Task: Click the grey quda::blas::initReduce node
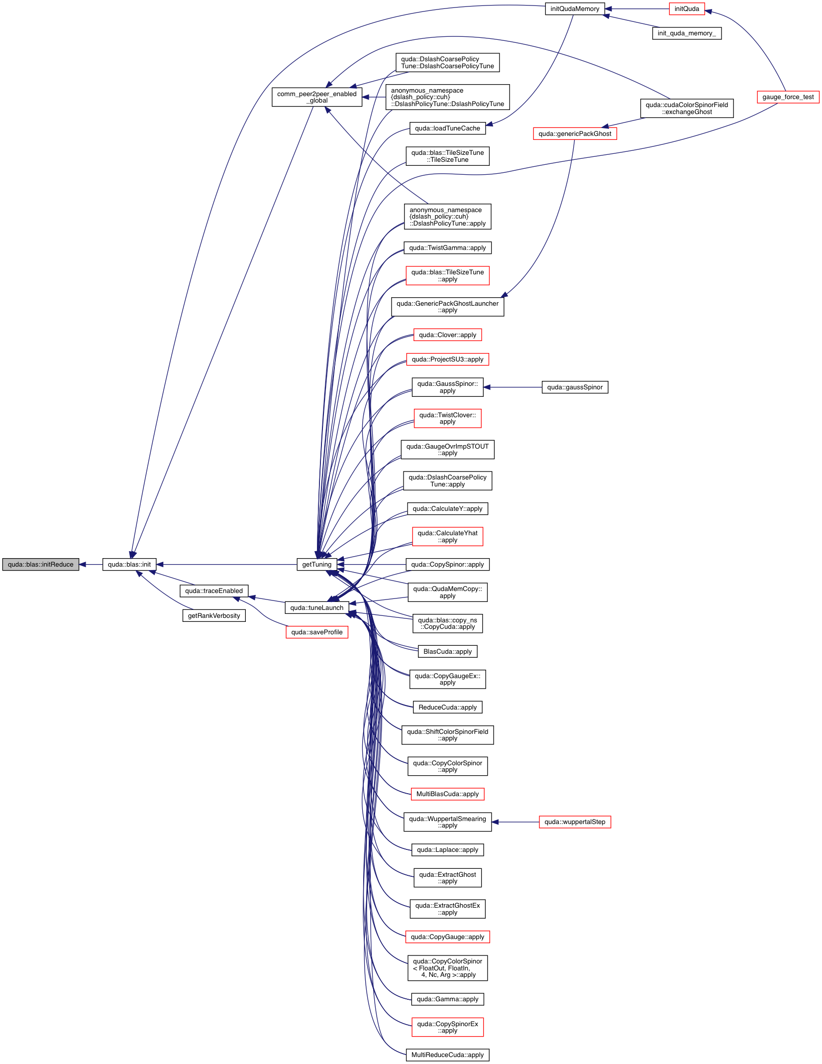click(x=40, y=564)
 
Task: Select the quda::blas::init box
click(x=129, y=564)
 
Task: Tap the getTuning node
click(x=316, y=564)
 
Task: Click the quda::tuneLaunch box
click(x=316, y=607)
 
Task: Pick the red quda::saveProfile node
click(x=316, y=632)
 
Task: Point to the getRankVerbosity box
click(x=214, y=615)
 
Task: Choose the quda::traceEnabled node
click(x=214, y=591)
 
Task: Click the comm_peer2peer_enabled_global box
click(x=316, y=97)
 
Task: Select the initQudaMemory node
click(x=575, y=9)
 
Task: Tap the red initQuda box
click(x=687, y=9)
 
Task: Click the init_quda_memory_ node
click(x=687, y=33)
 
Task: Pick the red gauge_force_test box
click(x=788, y=97)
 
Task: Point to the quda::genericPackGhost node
click(x=575, y=133)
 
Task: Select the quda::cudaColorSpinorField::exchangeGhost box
click(x=687, y=108)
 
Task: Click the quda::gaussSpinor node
click(x=575, y=387)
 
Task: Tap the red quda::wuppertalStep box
click(x=575, y=822)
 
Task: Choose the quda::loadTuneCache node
click(x=447, y=128)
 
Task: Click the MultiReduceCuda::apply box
click(x=447, y=1055)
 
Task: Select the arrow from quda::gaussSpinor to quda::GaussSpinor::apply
click(x=513, y=387)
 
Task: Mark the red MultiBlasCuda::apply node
click(x=447, y=794)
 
